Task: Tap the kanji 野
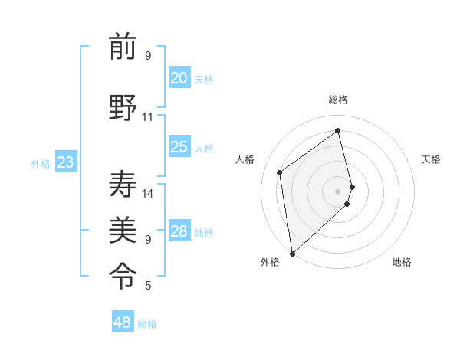[123, 107]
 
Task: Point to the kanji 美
[123, 227]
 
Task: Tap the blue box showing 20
[179, 78]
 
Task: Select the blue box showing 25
[179, 147]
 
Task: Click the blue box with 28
[179, 231]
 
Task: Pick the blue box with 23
[65, 162]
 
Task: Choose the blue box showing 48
[123, 322]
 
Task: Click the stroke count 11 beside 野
[147, 117]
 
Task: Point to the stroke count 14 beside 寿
[148, 194]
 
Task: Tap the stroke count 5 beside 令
[148, 286]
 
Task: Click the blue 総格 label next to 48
[147, 324]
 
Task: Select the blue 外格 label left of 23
[40, 164]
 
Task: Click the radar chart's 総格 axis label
[338, 100]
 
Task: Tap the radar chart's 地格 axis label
[402, 262]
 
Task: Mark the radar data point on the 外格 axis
[292, 253]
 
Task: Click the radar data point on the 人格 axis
[280, 172]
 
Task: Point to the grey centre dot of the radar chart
[338, 191]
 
